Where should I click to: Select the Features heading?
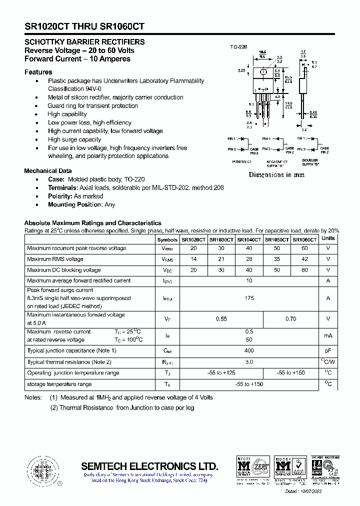coord(38,72)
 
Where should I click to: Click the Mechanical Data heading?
coord(48,171)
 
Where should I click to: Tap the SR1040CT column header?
coord(248,239)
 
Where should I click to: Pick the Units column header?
coord(328,238)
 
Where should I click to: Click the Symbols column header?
coord(167,239)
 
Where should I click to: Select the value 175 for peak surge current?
coord(249,298)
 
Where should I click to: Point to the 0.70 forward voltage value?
coord(290,318)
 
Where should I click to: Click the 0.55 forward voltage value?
coord(221,318)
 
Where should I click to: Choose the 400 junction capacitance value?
coord(249,350)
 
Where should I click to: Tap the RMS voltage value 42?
coord(304,259)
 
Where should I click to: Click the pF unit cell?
coord(328,350)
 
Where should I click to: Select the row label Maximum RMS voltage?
coord(55,259)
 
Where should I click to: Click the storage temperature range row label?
coord(59,384)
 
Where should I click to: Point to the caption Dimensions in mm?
coord(276,175)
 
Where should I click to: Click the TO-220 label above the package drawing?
coord(238,46)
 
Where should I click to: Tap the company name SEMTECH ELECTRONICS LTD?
coord(149,466)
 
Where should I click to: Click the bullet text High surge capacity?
coord(74,139)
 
